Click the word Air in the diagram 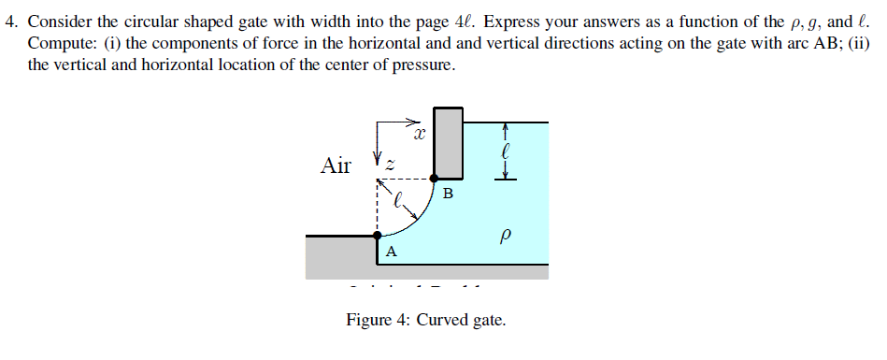[336, 166]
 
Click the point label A [391, 251]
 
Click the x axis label [420, 137]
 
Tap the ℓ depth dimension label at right [505, 149]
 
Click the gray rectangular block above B [449, 143]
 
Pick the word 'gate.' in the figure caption [488, 321]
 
